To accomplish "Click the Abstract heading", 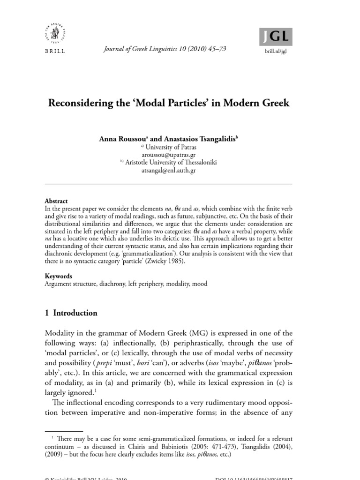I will click(x=56, y=201).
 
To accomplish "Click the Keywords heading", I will click(x=58, y=276).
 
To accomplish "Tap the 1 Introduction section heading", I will click(x=71, y=313).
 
